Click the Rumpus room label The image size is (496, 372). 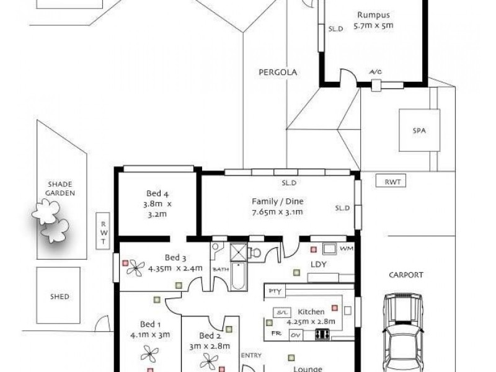tap(373, 15)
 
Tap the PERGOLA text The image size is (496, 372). tap(278, 73)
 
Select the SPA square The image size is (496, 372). tap(420, 130)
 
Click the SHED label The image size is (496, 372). tap(59, 296)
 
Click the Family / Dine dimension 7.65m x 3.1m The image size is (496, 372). tap(277, 212)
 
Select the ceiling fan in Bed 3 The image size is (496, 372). tap(133, 267)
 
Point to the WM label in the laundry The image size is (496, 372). tap(346, 249)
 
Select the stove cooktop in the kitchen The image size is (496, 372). tap(322, 334)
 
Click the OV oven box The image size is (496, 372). tap(296, 334)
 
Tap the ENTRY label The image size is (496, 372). tap(251, 355)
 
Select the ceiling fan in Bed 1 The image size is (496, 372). tap(149, 354)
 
